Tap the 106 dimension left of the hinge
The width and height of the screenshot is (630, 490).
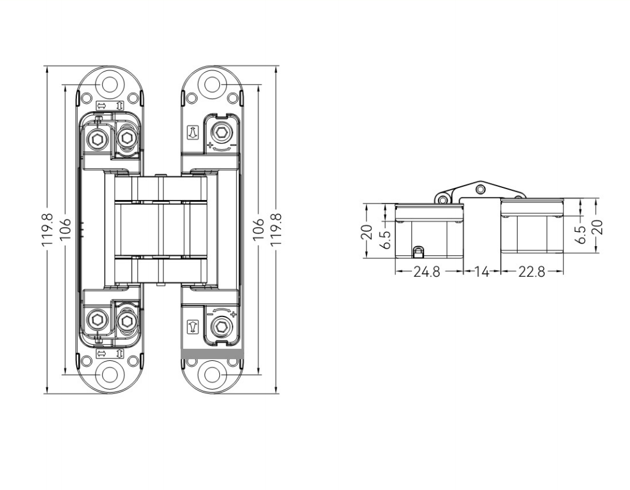tap(65, 229)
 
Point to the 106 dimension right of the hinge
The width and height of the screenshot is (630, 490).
tap(258, 229)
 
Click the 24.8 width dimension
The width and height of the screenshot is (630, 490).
tap(426, 272)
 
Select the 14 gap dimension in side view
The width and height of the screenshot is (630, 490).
tap(482, 272)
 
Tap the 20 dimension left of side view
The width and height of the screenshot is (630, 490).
tap(368, 232)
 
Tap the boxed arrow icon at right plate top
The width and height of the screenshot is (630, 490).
tap(192, 132)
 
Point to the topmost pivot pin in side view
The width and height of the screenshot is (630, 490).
tap(479, 190)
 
